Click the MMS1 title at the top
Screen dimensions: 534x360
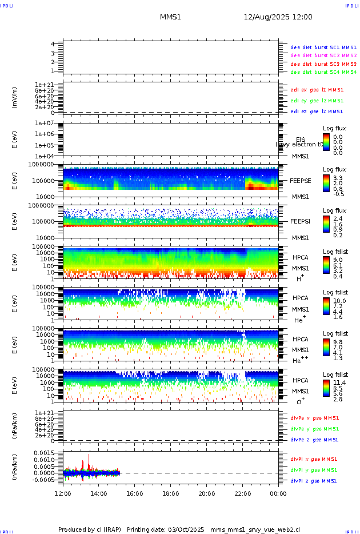click(170, 17)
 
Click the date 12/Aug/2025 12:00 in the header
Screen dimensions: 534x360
click(278, 17)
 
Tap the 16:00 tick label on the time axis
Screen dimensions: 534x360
click(135, 493)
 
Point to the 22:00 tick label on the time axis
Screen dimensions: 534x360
click(242, 493)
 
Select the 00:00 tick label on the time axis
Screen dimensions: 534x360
click(278, 493)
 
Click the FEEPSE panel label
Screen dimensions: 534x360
click(300, 180)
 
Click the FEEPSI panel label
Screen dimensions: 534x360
click(300, 221)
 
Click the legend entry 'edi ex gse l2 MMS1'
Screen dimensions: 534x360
click(317, 89)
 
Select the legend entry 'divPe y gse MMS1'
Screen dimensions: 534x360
click(314, 429)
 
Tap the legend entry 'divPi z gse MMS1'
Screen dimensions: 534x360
click(314, 481)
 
